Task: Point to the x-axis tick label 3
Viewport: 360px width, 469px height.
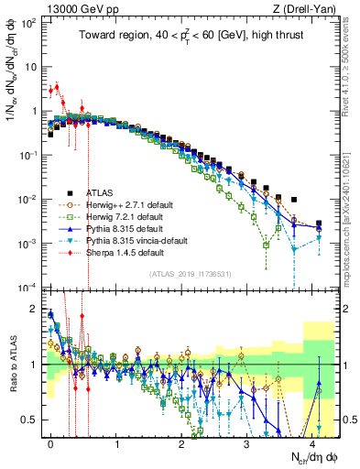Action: (247, 442)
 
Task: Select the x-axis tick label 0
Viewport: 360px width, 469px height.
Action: (51, 442)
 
